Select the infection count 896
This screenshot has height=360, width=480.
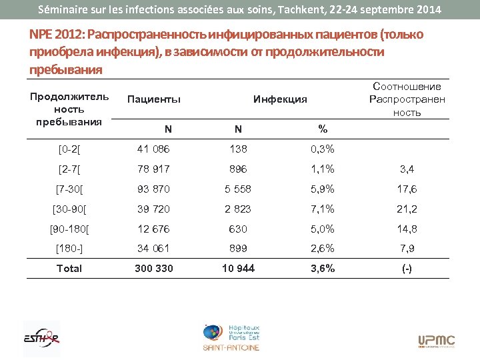tap(238, 169)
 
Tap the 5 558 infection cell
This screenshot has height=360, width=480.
tap(238, 189)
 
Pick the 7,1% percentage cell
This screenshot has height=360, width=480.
tap(323, 209)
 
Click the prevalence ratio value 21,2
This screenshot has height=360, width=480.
tap(407, 209)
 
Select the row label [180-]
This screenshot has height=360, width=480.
tap(69, 249)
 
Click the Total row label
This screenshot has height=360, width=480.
tap(69, 269)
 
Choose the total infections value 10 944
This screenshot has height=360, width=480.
tap(238, 269)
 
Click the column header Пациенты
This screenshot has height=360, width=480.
tap(154, 99)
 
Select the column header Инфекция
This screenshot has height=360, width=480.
tap(280, 99)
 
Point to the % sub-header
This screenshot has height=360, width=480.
tap(323, 129)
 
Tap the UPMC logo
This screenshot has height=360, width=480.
tap(437, 341)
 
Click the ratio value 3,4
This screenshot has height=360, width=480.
tap(407, 169)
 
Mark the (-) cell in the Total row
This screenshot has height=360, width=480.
tap(407, 269)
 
